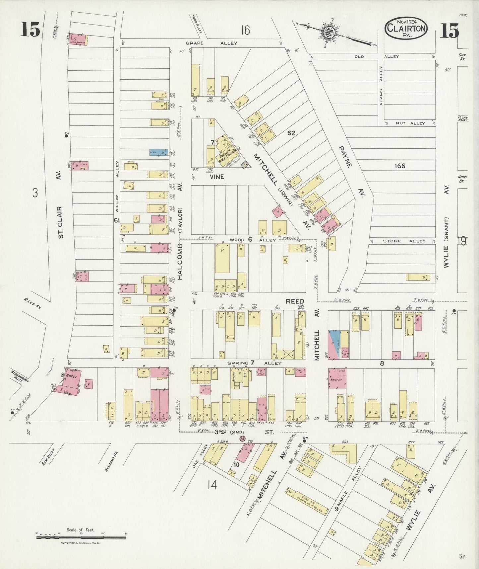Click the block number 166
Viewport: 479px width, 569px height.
coord(400,166)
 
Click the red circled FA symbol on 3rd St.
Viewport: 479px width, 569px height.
coord(242,439)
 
